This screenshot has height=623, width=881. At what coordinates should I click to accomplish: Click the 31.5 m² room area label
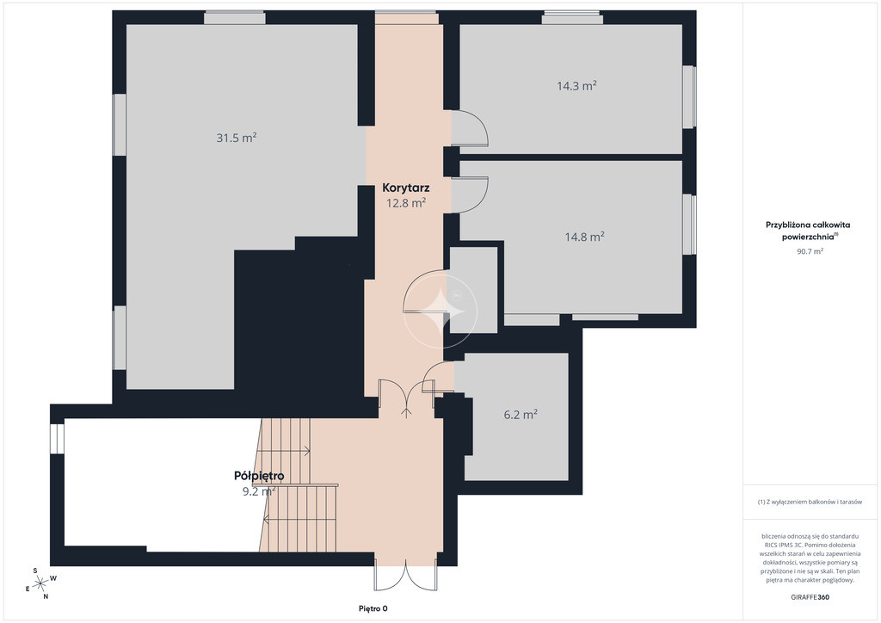pyautogui.click(x=237, y=138)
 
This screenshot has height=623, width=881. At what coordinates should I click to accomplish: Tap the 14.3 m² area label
pyautogui.click(x=577, y=86)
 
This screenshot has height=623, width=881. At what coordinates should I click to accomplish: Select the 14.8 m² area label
pyautogui.click(x=585, y=237)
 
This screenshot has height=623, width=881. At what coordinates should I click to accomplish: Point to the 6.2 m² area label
pyautogui.click(x=521, y=415)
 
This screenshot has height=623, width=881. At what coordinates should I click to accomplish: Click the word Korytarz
pyautogui.click(x=406, y=188)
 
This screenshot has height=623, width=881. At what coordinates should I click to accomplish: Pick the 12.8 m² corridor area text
pyautogui.click(x=406, y=203)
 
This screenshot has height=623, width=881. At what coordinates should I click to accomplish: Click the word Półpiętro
pyautogui.click(x=259, y=476)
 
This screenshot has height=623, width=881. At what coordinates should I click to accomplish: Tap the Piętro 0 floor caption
pyautogui.click(x=373, y=608)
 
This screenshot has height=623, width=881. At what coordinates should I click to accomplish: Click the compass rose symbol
pyautogui.click(x=40, y=584)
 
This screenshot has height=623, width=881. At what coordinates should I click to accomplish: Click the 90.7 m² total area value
pyautogui.click(x=810, y=251)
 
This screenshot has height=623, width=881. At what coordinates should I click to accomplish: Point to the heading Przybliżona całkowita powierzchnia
pyautogui.click(x=808, y=231)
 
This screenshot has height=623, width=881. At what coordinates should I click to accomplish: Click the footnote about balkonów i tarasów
pyautogui.click(x=810, y=502)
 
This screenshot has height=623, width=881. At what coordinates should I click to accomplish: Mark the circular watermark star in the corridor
pyautogui.click(x=440, y=311)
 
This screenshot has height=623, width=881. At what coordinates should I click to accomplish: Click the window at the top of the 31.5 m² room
pyautogui.click(x=234, y=18)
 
